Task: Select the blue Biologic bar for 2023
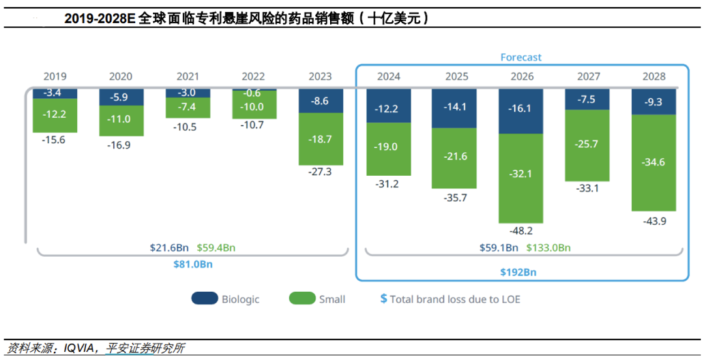pyautogui.click(x=321, y=101)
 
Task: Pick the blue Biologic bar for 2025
pyautogui.click(x=454, y=108)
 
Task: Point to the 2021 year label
pyautogui.click(x=188, y=77)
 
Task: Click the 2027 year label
pyautogui.click(x=588, y=77)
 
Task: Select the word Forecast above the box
pyautogui.click(x=521, y=57)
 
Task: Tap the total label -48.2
pyautogui.click(x=521, y=231)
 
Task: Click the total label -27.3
pyautogui.click(x=321, y=172)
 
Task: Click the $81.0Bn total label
pyautogui.click(x=194, y=264)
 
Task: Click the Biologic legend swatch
pyautogui.click(x=205, y=299)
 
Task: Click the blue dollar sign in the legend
pyautogui.click(x=384, y=299)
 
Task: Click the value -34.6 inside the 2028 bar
pyautogui.click(x=654, y=162)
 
